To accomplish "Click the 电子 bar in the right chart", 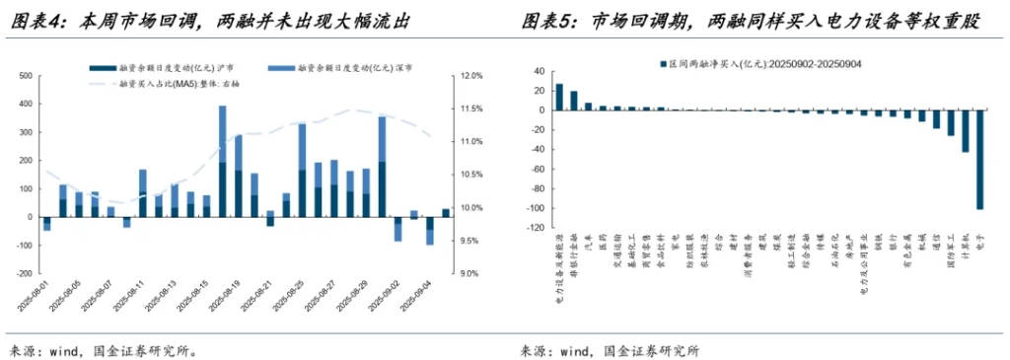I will pyautogui.click(x=979, y=159).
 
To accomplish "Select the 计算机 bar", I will pyautogui.click(x=966, y=130).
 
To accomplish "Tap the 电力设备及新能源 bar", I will pyautogui.click(x=559, y=97).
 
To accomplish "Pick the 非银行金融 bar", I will pyautogui.click(x=574, y=101).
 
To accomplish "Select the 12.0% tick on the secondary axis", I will pyautogui.click(x=470, y=76).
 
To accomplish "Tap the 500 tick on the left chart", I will pyautogui.click(x=26, y=76).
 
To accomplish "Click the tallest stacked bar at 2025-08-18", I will pyautogui.click(x=223, y=160).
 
